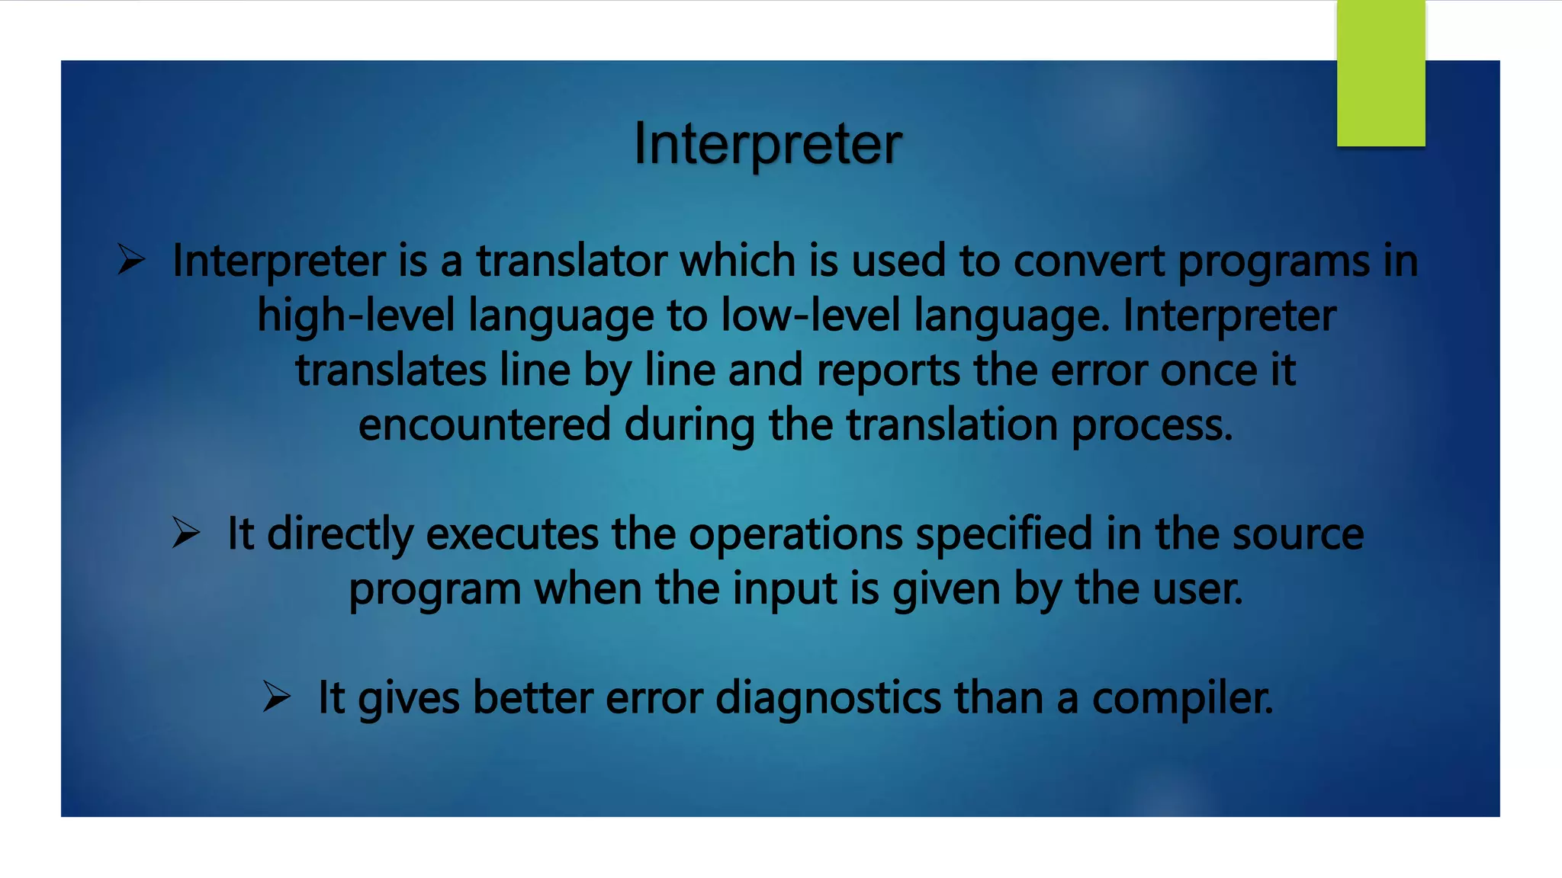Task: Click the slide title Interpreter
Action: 768,143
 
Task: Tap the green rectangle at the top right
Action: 1380,73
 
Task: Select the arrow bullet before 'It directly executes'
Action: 185,532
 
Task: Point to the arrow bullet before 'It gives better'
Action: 276,696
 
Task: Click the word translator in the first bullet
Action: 570,261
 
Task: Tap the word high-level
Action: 355,316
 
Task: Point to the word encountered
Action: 484,425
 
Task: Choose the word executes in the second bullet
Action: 512,534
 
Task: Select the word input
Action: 785,590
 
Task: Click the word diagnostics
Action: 828,698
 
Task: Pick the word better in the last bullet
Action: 532,697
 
